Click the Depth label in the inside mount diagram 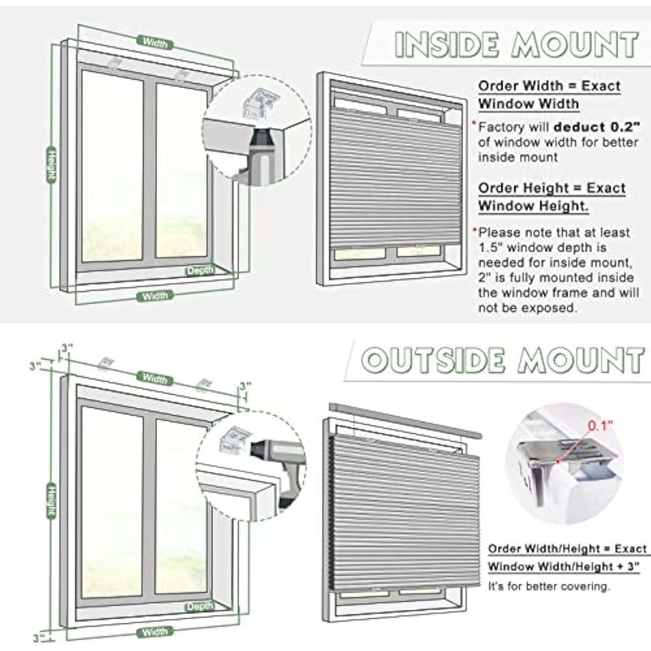click(200, 271)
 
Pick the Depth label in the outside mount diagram click(199, 607)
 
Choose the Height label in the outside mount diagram click(50, 501)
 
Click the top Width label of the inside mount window click(155, 44)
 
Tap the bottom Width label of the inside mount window click(155, 296)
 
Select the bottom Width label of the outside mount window click(154, 631)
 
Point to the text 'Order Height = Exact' click(551, 189)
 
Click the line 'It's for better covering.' click(549, 587)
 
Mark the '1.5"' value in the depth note click(490, 247)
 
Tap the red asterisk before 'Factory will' click(475, 123)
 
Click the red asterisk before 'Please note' click(475, 231)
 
